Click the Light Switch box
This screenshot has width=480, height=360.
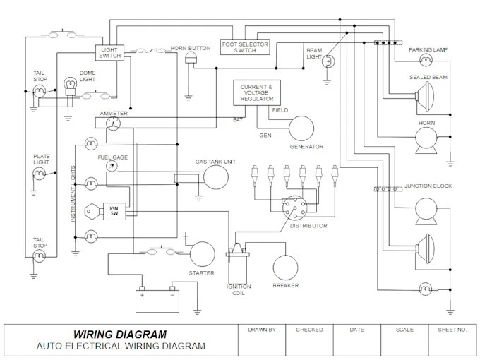[109, 53]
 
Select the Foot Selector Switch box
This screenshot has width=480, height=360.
[245, 47]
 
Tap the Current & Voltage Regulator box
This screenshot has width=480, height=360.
[257, 92]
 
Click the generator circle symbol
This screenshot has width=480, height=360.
[301, 128]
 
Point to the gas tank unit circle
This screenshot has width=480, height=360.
[216, 177]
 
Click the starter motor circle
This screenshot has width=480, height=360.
[203, 254]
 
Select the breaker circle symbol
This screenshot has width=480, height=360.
[285, 268]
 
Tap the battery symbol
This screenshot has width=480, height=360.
[157, 299]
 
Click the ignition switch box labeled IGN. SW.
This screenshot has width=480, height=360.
[114, 211]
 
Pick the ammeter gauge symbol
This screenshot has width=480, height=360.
[113, 124]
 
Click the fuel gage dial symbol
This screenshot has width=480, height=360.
[112, 166]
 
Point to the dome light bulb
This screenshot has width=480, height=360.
[70, 86]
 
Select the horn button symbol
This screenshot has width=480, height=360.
[191, 58]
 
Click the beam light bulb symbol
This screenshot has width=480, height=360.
[328, 61]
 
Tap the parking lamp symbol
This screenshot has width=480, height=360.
[426, 60]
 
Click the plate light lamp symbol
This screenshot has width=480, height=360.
[40, 174]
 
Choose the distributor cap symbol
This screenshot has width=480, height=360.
[294, 208]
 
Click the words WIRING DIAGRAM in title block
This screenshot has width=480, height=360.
[120, 334]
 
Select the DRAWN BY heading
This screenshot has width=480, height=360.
[262, 330]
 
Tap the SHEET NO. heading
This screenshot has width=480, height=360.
[452, 330]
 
